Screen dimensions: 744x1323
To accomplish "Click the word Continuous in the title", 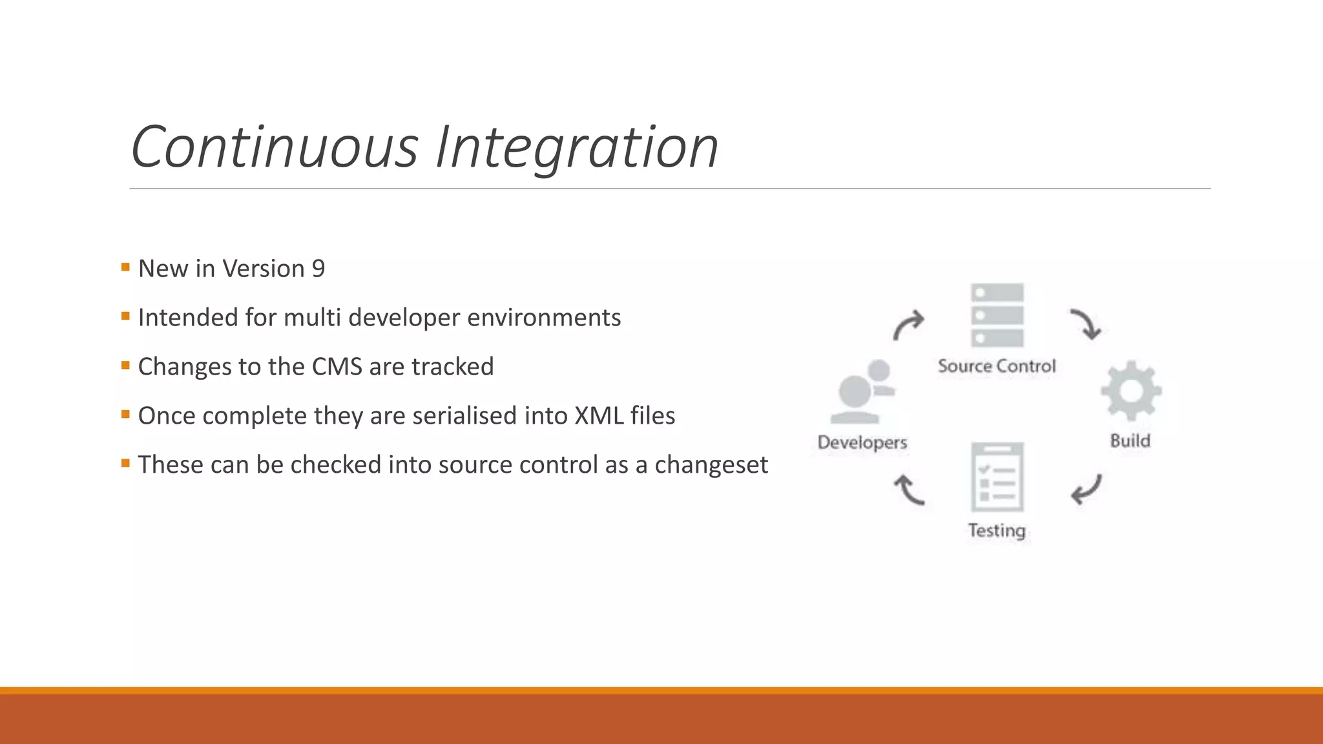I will [x=275, y=147].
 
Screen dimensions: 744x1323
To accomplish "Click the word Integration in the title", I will [x=577, y=149].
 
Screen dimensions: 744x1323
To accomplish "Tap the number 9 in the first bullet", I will [x=318, y=269].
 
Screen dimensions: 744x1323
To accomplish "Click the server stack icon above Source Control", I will [x=997, y=315].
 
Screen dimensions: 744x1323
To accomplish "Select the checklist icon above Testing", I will [x=997, y=477].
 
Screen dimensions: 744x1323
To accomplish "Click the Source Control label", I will [x=997, y=366].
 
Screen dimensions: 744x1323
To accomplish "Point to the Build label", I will [x=1130, y=440].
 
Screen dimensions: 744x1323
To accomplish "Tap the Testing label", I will [x=997, y=530].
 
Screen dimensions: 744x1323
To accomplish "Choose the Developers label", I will [x=862, y=442].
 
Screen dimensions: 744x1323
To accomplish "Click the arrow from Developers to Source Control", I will [x=908, y=324].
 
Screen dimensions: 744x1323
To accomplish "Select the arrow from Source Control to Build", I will [x=1086, y=324].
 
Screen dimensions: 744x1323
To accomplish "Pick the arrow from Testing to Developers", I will [x=909, y=490].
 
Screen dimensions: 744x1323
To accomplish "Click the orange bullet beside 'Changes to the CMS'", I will [x=125, y=365].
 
